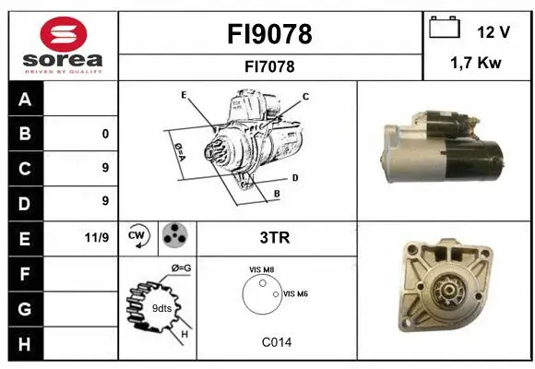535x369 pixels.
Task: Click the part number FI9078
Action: (x=270, y=34)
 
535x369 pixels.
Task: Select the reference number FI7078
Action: (x=270, y=66)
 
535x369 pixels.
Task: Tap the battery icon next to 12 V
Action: (x=445, y=29)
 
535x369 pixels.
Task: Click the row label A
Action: (x=24, y=100)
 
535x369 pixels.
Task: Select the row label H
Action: (x=24, y=343)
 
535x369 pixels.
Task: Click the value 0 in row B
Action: (x=105, y=134)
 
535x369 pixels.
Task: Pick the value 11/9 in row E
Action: (x=98, y=238)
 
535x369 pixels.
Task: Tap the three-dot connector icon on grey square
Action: (x=175, y=237)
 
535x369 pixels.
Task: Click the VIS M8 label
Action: (x=261, y=269)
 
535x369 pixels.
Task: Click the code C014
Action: (x=276, y=342)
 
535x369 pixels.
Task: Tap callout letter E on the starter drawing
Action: (x=184, y=95)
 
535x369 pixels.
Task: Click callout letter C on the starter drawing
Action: (x=305, y=96)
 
